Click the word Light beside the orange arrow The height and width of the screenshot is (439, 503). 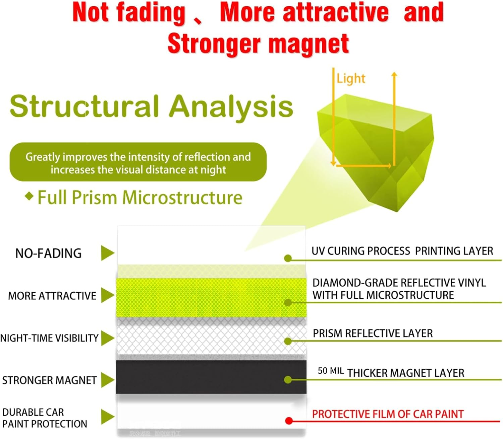(x=351, y=79)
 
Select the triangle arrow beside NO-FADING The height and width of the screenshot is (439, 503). (x=108, y=253)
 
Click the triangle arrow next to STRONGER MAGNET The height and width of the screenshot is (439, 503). (x=108, y=380)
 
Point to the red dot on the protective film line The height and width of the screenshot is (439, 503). (x=289, y=421)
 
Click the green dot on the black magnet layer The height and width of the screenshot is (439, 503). (x=288, y=380)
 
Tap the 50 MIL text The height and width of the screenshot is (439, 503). (x=331, y=371)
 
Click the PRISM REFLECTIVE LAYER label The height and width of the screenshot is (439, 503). (x=373, y=334)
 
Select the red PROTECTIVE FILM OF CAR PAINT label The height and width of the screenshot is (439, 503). (x=388, y=414)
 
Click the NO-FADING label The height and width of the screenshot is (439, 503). (x=48, y=253)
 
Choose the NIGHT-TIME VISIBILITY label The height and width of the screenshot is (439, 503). (x=49, y=338)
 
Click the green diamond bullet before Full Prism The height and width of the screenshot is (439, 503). (x=29, y=196)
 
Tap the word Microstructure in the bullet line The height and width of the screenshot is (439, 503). (x=182, y=198)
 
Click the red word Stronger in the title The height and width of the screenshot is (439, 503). (x=214, y=44)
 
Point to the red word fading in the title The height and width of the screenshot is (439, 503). (x=151, y=13)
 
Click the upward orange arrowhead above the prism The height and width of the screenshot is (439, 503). (x=394, y=74)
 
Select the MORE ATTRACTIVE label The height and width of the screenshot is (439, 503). (x=52, y=296)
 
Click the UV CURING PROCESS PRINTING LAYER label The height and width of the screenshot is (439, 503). (x=402, y=251)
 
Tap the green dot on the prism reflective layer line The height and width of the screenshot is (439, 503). (x=288, y=341)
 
